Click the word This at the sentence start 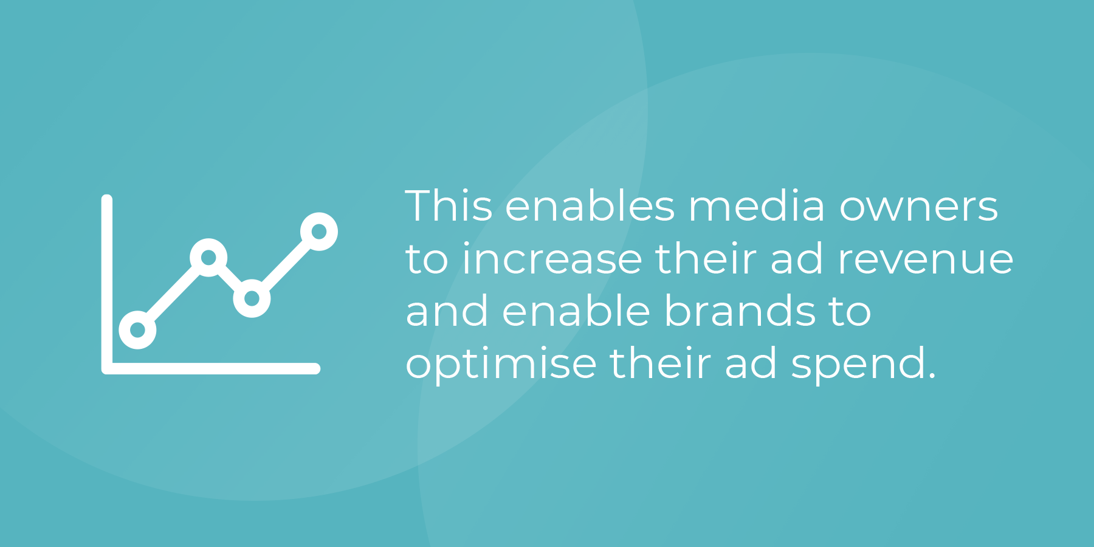[x=449, y=205]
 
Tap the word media [x=757, y=205]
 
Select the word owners [x=919, y=207]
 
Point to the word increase [x=552, y=258]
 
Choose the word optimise [x=501, y=364]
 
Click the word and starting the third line [x=447, y=311]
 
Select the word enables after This [x=590, y=205]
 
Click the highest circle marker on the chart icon [x=319, y=232]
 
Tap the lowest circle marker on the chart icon [x=138, y=330]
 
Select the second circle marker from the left [x=208, y=258]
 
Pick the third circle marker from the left [x=252, y=298]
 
